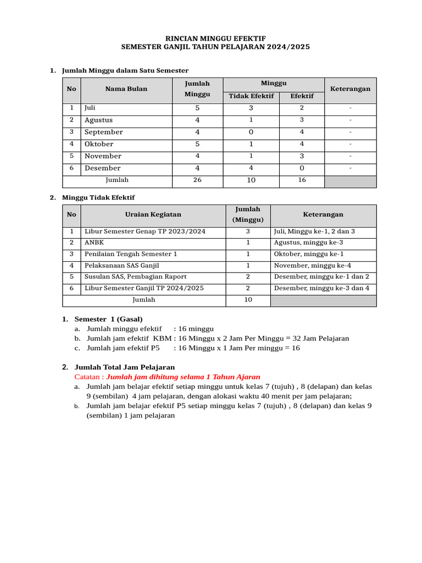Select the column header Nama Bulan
pos(126,89)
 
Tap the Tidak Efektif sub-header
pos(251,96)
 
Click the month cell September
pos(104,132)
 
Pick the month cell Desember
pos(102,168)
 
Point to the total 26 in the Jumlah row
pos(197,180)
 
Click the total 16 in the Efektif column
pos(302,180)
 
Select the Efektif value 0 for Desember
pos(302,168)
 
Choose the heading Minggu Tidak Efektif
pos(98,197)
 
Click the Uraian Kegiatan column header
pos(153,214)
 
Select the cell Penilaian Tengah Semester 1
pos(131,254)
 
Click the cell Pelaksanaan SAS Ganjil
pos(121,266)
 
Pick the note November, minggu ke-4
pos(312,266)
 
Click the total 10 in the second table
pos(248,300)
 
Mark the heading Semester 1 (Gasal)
pos(108,319)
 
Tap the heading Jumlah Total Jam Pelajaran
pos(124,367)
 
